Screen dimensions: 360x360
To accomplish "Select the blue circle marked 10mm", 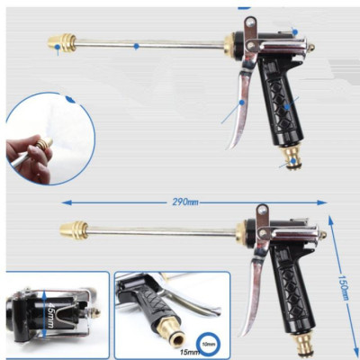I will [209, 343].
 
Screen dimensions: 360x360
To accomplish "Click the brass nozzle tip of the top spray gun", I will [60, 42].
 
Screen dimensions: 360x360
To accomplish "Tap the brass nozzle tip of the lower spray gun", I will [73, 229].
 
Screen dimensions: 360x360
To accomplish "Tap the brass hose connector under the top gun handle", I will [292, 156].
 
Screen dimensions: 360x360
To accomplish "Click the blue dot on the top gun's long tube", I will [136, 45].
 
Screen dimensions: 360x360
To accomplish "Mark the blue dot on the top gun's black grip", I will [286, 107].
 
